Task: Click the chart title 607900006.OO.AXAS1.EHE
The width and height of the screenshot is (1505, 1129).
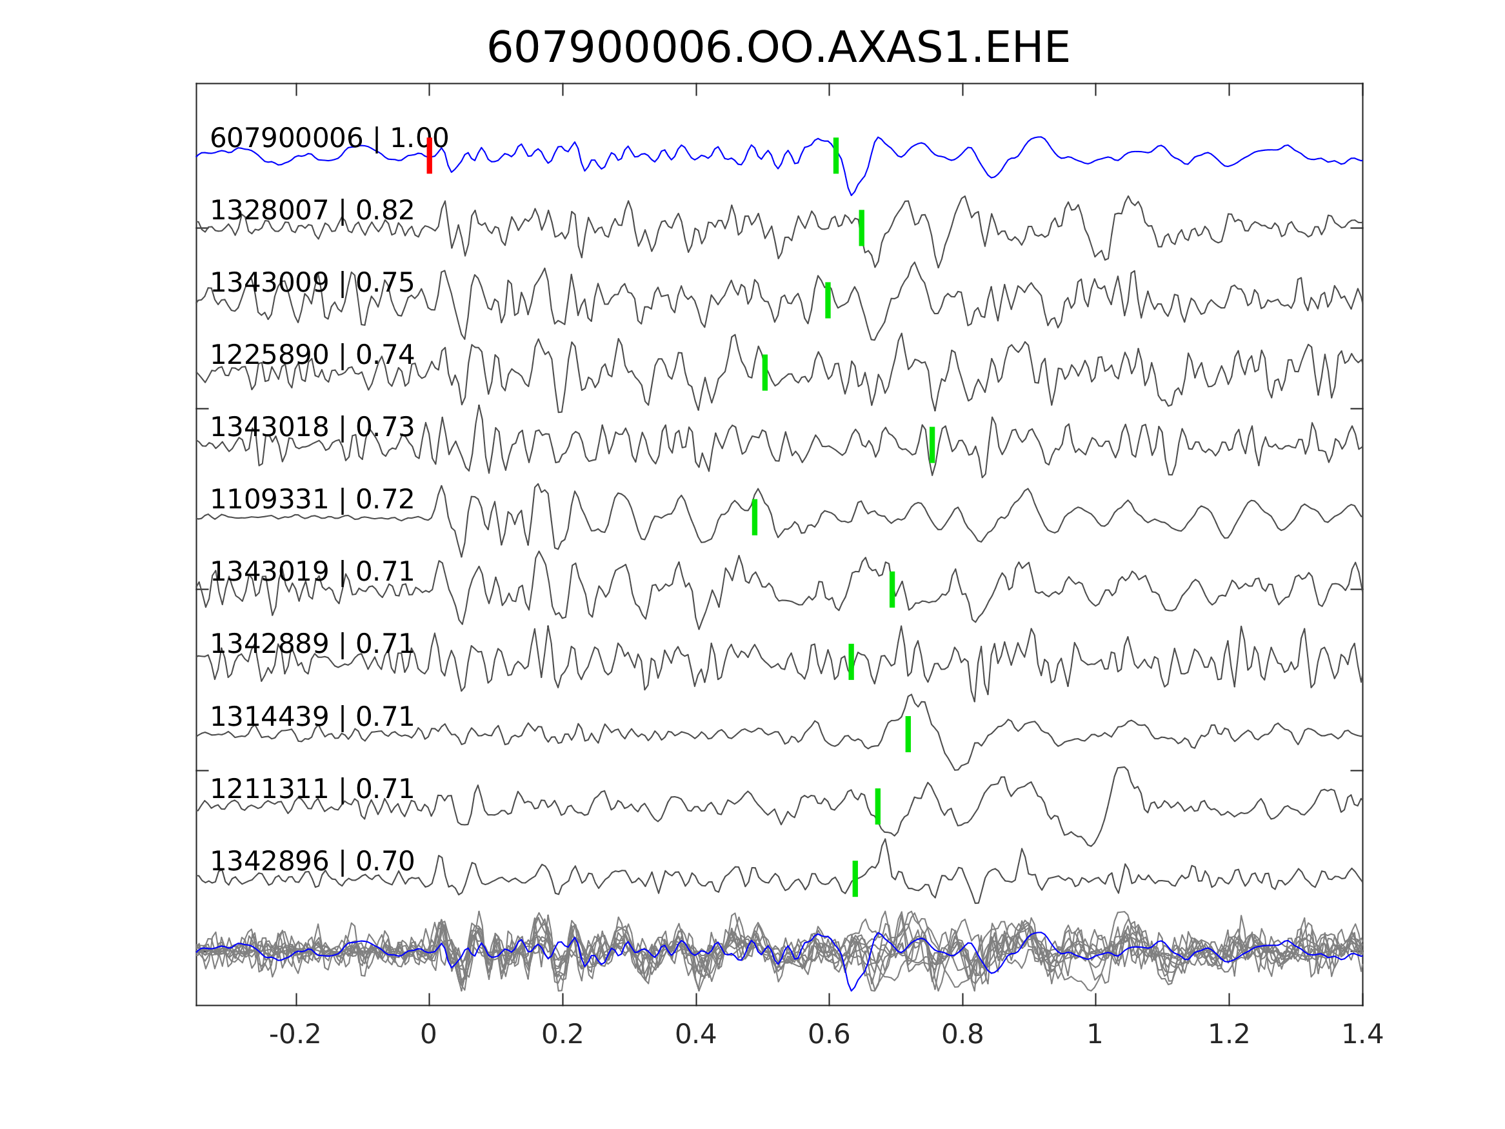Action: click(778, 48)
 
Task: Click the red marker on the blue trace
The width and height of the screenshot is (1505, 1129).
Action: click(430, 155)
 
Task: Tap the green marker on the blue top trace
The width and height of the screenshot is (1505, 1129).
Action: click(835, 155)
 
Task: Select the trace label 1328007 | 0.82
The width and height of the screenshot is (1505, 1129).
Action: click(312, 210)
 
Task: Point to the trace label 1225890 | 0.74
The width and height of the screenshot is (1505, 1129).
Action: click(312, 355)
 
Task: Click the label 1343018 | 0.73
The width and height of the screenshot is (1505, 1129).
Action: click(312, 426)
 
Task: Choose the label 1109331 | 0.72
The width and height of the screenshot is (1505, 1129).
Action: click(312, 499)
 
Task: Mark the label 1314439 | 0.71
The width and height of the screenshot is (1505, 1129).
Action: click(312, 717)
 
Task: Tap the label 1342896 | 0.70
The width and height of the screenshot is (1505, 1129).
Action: click(312, 861)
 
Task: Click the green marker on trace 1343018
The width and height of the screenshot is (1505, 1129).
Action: click(932, 445)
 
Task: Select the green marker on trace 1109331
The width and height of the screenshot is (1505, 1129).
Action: click(755, 517)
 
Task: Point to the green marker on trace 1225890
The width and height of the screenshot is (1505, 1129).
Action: click(764, 372)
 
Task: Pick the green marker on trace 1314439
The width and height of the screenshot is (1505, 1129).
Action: click(908, 734)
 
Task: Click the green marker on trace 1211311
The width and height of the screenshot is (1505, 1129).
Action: click(878, 806)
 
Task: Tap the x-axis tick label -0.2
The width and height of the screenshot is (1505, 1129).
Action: click(295, 1035)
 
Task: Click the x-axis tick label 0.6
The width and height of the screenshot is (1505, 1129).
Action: click(829, 1035)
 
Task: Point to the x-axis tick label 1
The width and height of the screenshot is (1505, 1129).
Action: click(1095, 1035)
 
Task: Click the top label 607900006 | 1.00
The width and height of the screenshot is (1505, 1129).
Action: click(328, 138)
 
